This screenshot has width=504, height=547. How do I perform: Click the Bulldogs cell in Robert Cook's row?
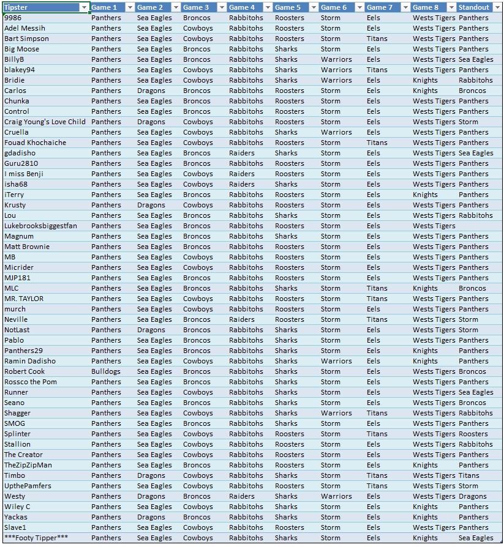pyautogui.click(x=106, y=371)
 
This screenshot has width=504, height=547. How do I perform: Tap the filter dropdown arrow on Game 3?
pyautogui.click(x=221, y=7)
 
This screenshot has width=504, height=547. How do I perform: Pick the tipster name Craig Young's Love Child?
pyautogui.click(x=45, y=122)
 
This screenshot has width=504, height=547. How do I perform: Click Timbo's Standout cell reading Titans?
pyautogui.click(x=469, y=475)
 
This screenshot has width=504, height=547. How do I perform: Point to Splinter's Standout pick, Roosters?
pyautogui.click(x=473, y=434)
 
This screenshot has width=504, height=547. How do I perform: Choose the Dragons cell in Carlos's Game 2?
pyautogui.click(x=151, y=91)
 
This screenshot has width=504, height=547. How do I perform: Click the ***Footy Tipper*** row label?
pyautogui.click(x=36, y=538)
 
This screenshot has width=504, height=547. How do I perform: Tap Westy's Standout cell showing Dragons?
pyautogui.click(x=472, y=496)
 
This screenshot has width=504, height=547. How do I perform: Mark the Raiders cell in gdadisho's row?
pyautogui.click(x=242, y=153)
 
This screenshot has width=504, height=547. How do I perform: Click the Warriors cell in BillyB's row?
pyautogui.click(x=336, y=59)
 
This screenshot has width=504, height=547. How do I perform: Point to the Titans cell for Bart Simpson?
pyautogui.click(x=377, y=39)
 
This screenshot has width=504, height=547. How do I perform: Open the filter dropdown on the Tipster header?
pyautogui.click(x=84, y=7)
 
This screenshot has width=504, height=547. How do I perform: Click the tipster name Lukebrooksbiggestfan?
pyautogui.click(x=40, y=226)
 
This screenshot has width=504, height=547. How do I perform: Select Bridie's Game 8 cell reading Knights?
pyautogui.click(x=425, y=80)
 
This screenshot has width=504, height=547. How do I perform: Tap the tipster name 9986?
pyautogui.click(x=13, y=18)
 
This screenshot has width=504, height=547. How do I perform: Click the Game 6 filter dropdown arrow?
pyautogui.click(x=359, y=7)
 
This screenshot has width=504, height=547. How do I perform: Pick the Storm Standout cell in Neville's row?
pyautogui.click(x=468, y=319)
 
